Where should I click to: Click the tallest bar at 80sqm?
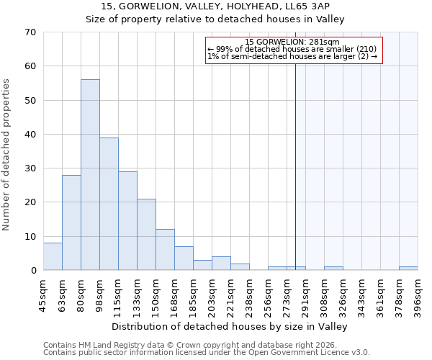[x=90, y=175]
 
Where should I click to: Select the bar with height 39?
[x=109, y=204]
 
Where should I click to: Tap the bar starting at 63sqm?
[x=71, y=222]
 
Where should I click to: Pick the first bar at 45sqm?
[x=53, y=256]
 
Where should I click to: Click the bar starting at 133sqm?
[x=146, y=235]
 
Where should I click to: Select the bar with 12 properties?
[x=165, y=250]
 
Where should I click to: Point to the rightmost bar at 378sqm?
[x=408, y=269]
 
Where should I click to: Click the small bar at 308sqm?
[x=333, y=269]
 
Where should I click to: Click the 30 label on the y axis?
[x=30, y=168]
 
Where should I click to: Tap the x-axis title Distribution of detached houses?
[x=230, y=327]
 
